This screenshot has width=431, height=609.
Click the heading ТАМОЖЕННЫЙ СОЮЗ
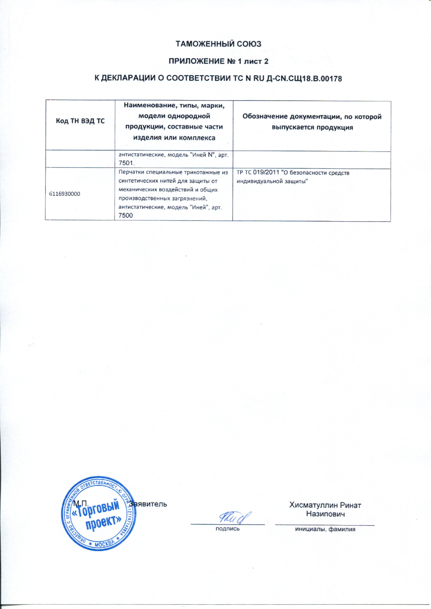[219, 44]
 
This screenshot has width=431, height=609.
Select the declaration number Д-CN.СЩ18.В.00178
[303, 79]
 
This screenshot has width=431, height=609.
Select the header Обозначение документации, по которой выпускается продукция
[312, 122]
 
